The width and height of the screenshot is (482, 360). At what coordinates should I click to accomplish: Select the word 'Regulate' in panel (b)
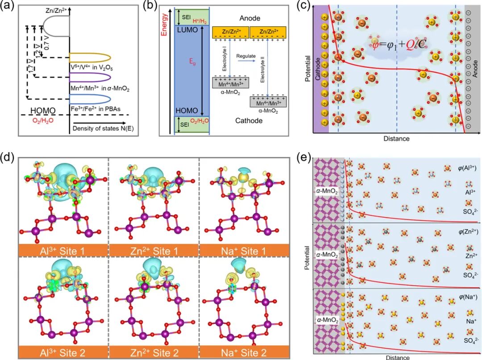[247, 56]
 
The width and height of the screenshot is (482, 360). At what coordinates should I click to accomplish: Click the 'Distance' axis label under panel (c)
[396, 138]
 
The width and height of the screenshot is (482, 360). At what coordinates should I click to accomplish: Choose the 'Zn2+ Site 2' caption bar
[154, 353]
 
